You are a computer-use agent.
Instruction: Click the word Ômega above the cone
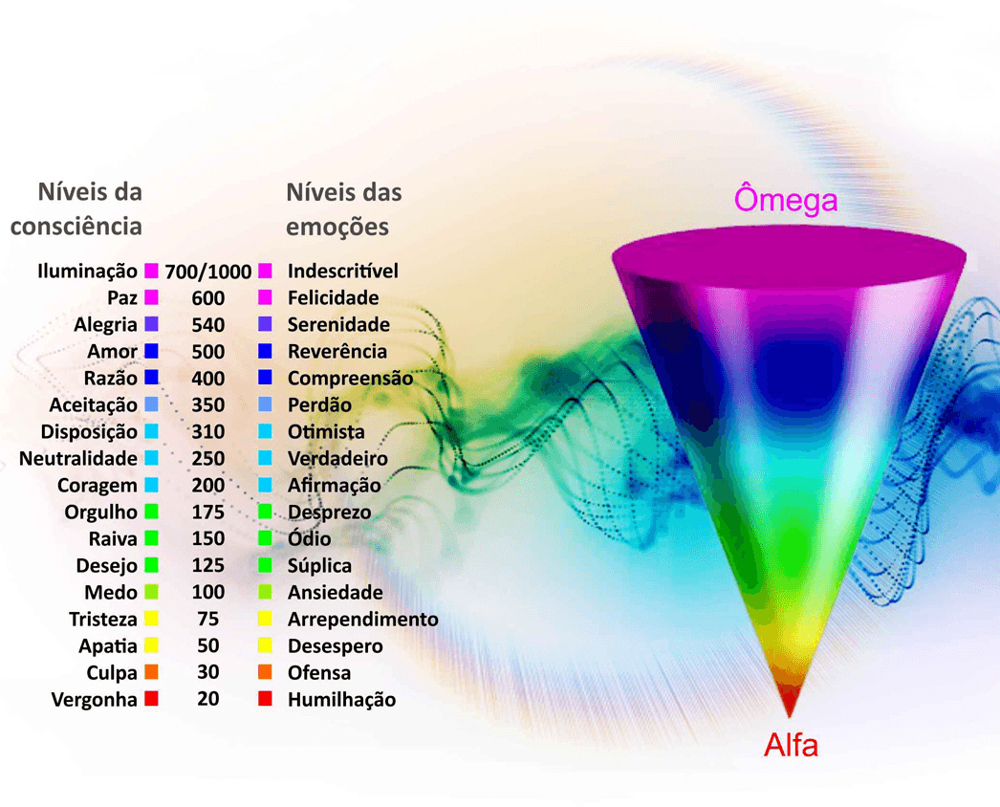click(785, 200)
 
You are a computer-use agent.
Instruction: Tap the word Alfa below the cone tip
click(791, 745)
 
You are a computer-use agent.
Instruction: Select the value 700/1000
click(207, 271)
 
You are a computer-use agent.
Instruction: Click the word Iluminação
click(87, 271)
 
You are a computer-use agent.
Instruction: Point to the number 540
click(207, 324)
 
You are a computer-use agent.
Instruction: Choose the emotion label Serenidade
click(338, 324)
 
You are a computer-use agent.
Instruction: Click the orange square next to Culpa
click(151, 672)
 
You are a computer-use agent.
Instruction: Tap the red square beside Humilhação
click(265, 699)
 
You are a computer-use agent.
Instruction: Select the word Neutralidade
click(77, 458)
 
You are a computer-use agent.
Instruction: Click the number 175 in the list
click(207, 512)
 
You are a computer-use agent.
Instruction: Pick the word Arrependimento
click(362, 619)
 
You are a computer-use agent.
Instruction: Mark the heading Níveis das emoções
click(343, 209)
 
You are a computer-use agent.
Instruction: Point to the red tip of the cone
click(789, 701)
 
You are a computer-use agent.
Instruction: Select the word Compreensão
click(350, 378)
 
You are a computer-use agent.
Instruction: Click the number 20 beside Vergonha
click(207, 699)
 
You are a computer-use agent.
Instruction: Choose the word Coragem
click(97, 485)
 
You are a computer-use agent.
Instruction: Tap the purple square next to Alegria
click(151, 324)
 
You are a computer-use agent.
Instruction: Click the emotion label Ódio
click(310, 538)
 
